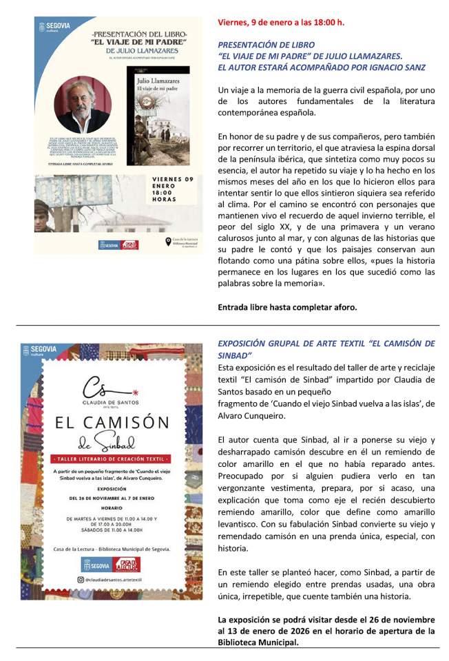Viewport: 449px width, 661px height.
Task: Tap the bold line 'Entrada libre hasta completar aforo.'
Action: (x=287, y=307)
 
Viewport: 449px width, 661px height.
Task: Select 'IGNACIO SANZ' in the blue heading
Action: (x=395, y=67)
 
